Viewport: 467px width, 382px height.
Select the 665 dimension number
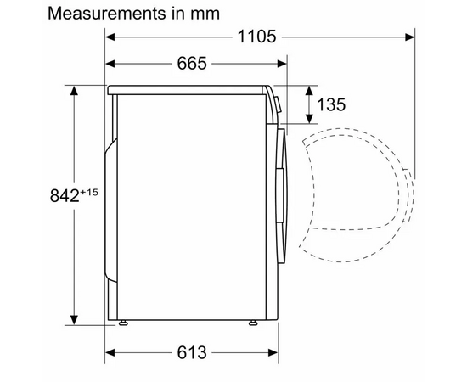[x=195, y=64]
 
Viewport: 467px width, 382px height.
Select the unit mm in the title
[x=204, y=14]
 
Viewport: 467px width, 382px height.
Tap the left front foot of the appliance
[x=125, y=323]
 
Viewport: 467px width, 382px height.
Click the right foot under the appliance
[x=253, y=323]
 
